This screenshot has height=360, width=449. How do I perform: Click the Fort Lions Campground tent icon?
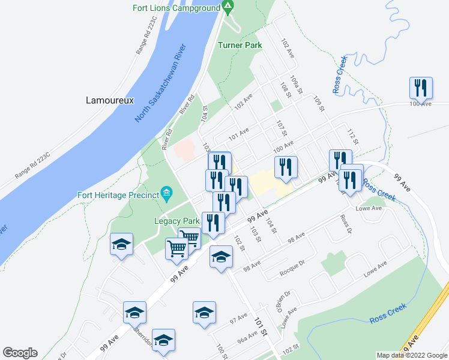pos(228,8)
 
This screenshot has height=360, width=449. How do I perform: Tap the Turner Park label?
pos(240,45)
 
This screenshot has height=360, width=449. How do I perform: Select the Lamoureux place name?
pos(109,100)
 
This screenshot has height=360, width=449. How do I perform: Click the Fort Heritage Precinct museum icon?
pos(166,193)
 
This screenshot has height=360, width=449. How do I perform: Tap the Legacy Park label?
pos(176,220)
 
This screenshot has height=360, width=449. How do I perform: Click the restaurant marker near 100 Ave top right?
pos(420,88)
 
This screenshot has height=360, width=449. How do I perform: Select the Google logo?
pos(20,353)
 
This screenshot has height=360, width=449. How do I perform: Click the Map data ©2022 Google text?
pos(411,355)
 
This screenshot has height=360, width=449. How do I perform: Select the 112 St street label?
pos(352,136)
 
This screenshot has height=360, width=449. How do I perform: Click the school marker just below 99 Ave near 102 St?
pos(221,257)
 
